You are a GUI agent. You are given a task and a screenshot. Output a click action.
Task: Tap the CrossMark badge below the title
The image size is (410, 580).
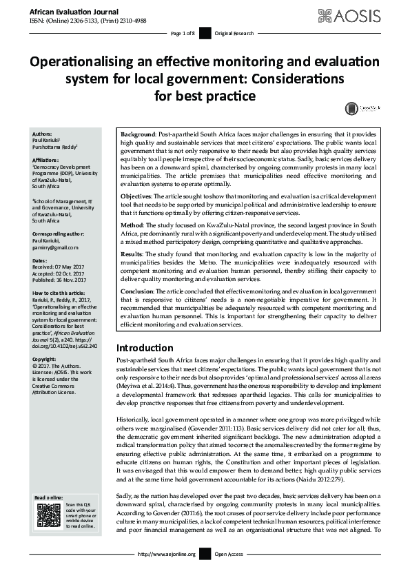pos(359,109)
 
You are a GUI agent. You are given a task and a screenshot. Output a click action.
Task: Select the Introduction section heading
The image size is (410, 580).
pos(144,348)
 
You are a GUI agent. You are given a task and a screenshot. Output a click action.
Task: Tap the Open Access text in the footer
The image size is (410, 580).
pos(230,573)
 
